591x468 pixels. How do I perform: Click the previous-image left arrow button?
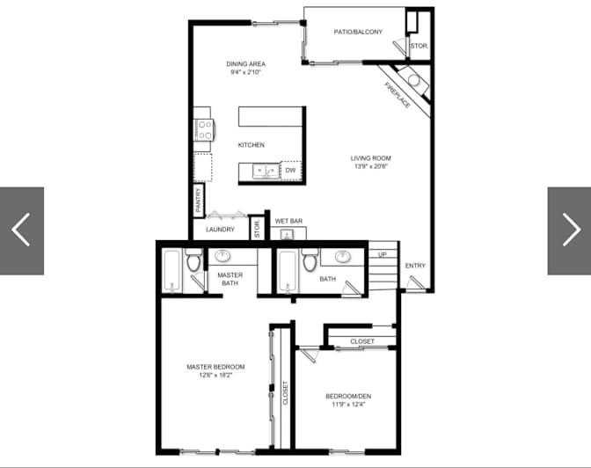[21, 230]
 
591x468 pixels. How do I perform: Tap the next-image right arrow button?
[570, 230]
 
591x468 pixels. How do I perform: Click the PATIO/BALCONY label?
[358, 32]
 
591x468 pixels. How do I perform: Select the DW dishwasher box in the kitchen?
[290, 171]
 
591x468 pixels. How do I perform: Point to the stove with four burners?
[204, 129]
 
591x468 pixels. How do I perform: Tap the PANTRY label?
[199, 201]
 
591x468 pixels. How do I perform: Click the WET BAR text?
[288, 221]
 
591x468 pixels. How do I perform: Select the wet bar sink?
[288, 235]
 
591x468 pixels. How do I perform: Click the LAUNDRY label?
[220, 230]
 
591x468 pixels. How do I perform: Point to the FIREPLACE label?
[398, 95]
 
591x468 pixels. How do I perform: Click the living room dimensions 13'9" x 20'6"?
[371, 166]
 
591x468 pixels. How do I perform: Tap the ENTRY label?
[415, 266]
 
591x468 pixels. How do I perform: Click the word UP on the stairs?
[383, 254]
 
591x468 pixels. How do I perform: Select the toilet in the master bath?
[193, 260]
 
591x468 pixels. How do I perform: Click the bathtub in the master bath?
[172, 271]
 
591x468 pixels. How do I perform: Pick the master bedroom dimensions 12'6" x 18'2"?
[215, 375]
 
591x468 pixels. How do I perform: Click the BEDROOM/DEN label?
[348, 397]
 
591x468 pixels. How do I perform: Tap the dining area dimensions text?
[245, 72]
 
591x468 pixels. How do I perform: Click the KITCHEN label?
[251, 145]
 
